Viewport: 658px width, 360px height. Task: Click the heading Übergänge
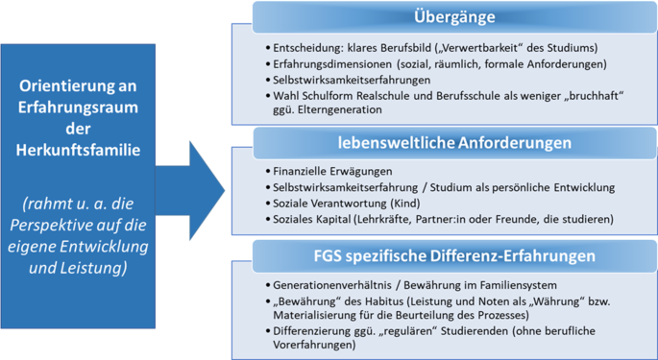tap(455, 17)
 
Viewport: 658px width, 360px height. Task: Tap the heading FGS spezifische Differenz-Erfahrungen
tap(455, 256)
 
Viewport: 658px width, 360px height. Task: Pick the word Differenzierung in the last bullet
tap(312, 330)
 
